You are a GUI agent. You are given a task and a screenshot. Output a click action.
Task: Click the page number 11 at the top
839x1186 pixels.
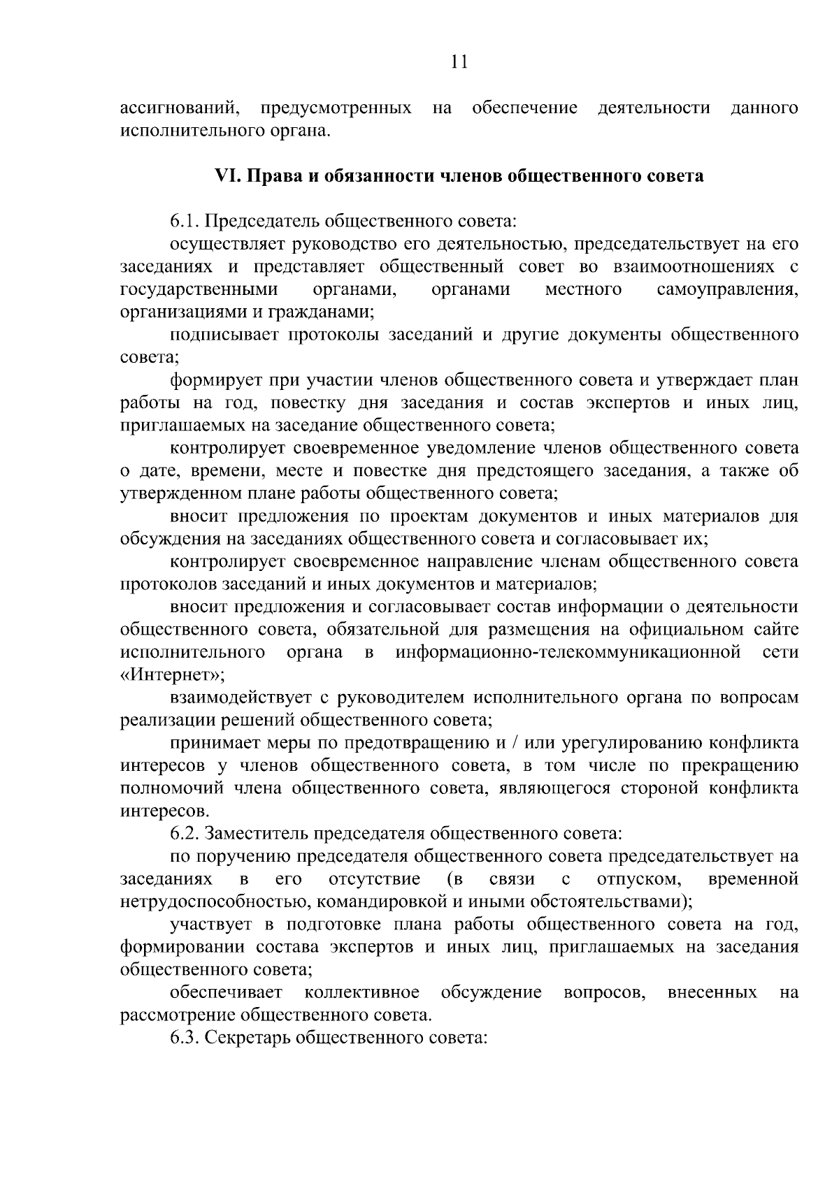[x=459, y=62]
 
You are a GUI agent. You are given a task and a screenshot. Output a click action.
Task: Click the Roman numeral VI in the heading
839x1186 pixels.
[x=226, y=176]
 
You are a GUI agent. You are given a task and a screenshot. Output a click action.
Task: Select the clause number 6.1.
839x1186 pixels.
[x=185, y=222]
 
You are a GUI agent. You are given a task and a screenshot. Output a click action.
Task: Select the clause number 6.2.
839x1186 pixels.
[x=185, y=834]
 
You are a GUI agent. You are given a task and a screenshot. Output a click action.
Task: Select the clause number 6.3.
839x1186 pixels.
[x=185, y=1038]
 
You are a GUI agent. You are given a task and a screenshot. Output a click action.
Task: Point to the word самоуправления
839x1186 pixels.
[x=728, y=289]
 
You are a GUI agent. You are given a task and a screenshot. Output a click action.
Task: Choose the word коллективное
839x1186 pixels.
[x=362, y=992]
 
